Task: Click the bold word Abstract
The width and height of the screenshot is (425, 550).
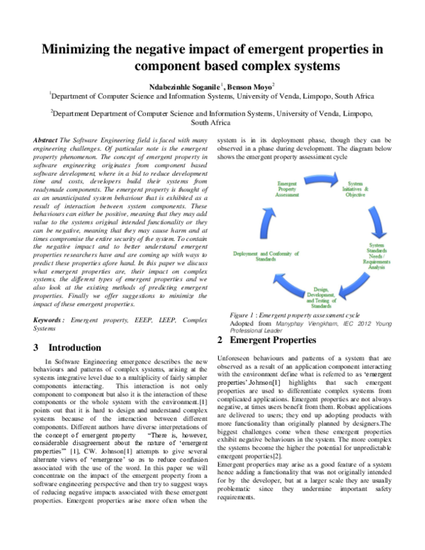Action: pos(46,141)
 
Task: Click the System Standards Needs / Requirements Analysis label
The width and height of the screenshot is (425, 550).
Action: pos(376,257)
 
